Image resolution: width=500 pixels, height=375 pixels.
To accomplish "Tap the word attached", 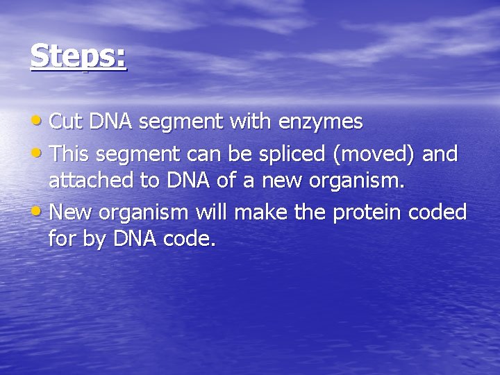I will point(87,182).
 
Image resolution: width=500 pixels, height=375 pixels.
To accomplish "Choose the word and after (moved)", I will point(440,153).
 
